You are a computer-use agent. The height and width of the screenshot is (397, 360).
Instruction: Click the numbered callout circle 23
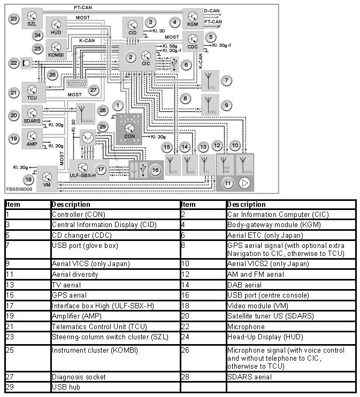[x=13, y=19]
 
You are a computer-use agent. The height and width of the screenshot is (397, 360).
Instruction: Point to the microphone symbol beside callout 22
[x=27, y=63]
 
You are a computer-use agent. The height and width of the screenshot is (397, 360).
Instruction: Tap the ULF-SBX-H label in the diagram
[x=82, y=175]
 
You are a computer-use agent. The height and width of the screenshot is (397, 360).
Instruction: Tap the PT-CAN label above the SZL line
[x=84, y=8]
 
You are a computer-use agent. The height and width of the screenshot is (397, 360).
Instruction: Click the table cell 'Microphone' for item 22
[x=246, y=326]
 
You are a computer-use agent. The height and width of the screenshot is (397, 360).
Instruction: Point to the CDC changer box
[x=193, y=41]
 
